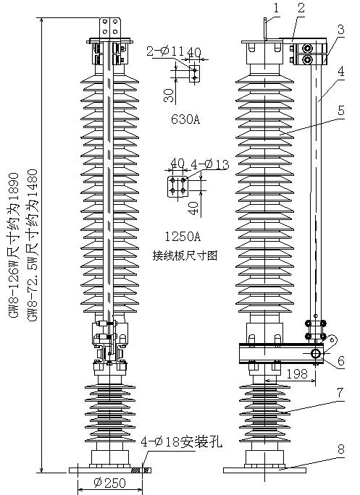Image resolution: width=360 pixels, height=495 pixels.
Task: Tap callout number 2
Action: tap(301, 8)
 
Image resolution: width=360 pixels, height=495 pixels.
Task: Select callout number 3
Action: tap(340, 30)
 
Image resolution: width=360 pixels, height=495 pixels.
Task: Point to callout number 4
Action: tap(340, 72)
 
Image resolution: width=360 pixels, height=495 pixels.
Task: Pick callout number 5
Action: tap(340, 111)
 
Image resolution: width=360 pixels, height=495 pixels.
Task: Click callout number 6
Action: tap(340, 360)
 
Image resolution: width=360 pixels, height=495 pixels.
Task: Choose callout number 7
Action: tap(340, 392)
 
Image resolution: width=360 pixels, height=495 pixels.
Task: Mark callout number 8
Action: tap(340, 449)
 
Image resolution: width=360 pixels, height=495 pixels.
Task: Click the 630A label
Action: tap(185, 119)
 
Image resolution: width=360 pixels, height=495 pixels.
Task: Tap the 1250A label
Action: tap(183, 236)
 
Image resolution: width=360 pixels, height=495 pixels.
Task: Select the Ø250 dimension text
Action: tap(109, 483)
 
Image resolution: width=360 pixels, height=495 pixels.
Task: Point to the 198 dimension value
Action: tap(298, 373)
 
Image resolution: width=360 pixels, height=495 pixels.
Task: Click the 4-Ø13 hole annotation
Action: tap(210, 164)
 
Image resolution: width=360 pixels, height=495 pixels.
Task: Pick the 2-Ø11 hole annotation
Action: tap(165, 51)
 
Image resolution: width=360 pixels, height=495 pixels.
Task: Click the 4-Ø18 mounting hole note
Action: tap(181, 442)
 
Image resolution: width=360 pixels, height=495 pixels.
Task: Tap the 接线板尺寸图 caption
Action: tap(185, 255)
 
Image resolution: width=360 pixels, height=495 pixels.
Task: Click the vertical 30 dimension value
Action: tap(169, 96)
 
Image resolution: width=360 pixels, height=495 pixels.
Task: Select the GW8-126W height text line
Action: tap(15, 245)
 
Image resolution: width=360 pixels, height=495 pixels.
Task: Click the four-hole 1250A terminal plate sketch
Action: tap(177, 187)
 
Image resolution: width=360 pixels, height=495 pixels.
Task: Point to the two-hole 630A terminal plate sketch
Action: tap(194, 74)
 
